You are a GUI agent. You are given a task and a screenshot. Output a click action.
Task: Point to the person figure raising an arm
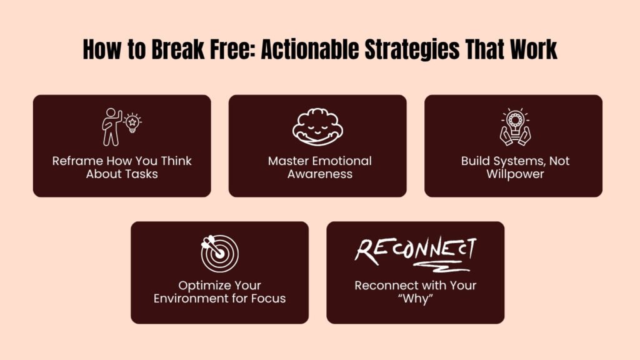coord(112,127)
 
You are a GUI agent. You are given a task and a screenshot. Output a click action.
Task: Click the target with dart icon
coord(219,252)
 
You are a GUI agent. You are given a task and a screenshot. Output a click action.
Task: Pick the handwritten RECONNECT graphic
coord(415,249)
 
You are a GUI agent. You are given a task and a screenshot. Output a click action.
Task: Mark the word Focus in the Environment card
coord(267,298)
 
